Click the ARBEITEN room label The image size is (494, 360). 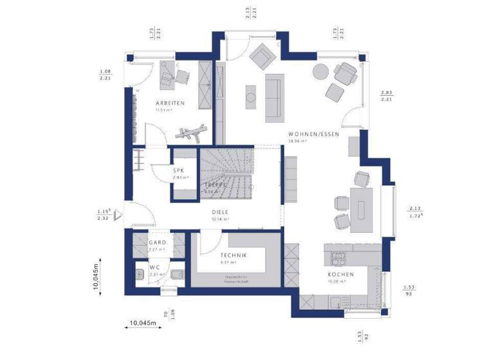tap(170, 103)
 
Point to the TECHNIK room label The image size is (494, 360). tap(233, 255)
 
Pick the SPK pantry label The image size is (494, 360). tap(178, 170)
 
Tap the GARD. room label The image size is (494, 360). tap(158, 243)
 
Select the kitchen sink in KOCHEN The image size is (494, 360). tap(338, 258)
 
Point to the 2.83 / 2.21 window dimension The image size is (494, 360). tap(387, 95)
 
